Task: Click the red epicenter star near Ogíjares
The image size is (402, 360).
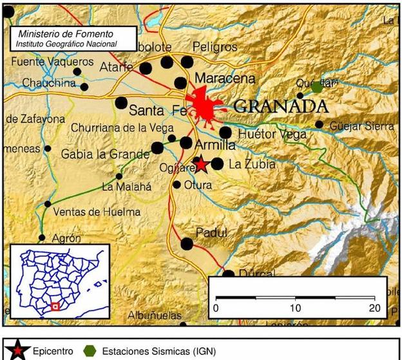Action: (201, 164)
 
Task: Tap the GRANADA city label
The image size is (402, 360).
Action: (280, 106)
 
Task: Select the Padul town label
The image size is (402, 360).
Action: (211, 233)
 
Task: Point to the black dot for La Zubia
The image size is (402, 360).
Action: (218, 164)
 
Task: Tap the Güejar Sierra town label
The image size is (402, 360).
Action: (361, 127)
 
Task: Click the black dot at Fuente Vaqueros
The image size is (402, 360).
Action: (78, 71)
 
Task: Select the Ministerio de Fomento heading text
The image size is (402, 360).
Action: (66, 33)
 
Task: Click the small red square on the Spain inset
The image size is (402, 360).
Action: (55, 307)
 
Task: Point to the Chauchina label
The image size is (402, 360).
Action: (49, 83)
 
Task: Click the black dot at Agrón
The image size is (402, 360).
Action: (42, 238)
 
